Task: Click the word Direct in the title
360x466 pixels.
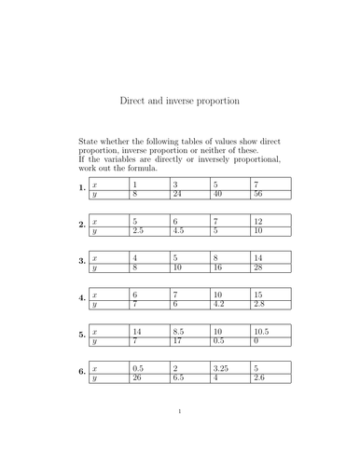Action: click(x=134, y=100)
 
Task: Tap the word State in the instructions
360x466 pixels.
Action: click(x=89, y=142)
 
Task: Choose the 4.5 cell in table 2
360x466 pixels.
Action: click(x=180, y=230)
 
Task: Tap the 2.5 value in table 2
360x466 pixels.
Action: click(x=139, y=230)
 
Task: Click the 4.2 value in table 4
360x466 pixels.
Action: click(x=221, y=304)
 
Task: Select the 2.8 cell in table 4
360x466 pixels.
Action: click(x=261, y=304)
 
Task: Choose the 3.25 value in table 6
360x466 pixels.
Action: click(x=223, y=367)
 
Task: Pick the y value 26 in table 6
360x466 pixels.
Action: click(x=137, y=377)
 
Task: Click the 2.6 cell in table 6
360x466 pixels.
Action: click(x=261, y=377)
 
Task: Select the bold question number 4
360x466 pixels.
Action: click(x=82, y=299)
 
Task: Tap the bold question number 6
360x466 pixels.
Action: click(x=82, y=372)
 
